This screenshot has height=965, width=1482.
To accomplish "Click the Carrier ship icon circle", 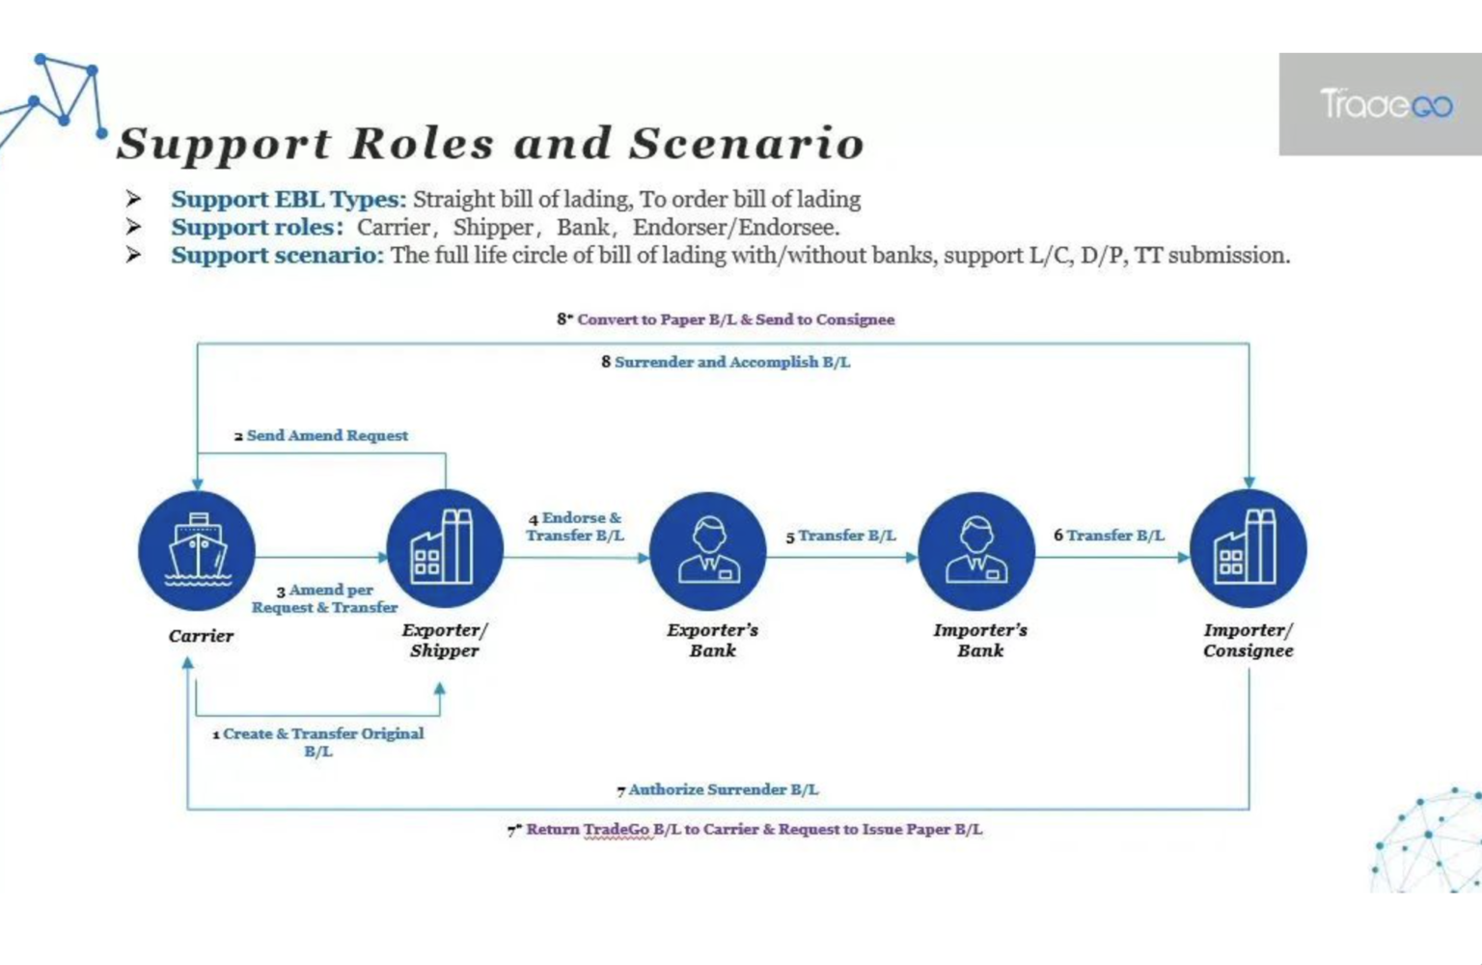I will pyautogui.click(x=197, y=551).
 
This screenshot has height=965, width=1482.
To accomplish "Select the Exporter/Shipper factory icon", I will pyautogui.click(x=444, y=549).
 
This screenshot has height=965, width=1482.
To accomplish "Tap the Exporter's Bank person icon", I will pyautogui.click(x=708, y=551).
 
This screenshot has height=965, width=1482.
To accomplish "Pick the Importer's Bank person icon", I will pyautogui.click(x=976, y=551).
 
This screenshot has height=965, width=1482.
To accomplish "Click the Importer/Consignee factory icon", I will pyautogui.click(x=1248, y=549).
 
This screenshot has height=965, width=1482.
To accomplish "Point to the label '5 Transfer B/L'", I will pyautogui.click(x=840, y=536).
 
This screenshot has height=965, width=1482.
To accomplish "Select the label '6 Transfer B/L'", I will pyautogui.click(x=1109, y=536).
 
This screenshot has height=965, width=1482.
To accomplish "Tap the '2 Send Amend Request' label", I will pyautogui.click(x=321, y=436).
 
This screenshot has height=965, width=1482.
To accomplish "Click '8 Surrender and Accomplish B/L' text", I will pyautogui.click(x=726, y=362).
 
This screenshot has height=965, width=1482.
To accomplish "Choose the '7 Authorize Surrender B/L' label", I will pyautogui.click(x=718, y=789).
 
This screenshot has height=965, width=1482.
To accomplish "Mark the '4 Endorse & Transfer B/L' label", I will pyautogui.click(x=575, y=527).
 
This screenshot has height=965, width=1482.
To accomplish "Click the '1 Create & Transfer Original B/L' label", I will pyautogui.click(x=318, y=742).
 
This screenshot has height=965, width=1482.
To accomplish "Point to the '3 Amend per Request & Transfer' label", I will pyautogui.click(x=325, y=598).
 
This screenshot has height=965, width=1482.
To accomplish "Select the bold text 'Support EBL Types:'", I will pyautogui.click(x=288, y=200).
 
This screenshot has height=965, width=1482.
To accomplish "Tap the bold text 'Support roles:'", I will pyautogui.click(x=257, y=228).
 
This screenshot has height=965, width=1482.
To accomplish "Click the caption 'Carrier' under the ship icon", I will pyautogui.click(x=201, y=636).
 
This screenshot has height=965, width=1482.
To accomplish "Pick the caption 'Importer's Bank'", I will pyautogui.click(x=980, y=640).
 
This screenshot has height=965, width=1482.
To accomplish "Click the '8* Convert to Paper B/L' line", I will pyautogui.click(x=726, y=319).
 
